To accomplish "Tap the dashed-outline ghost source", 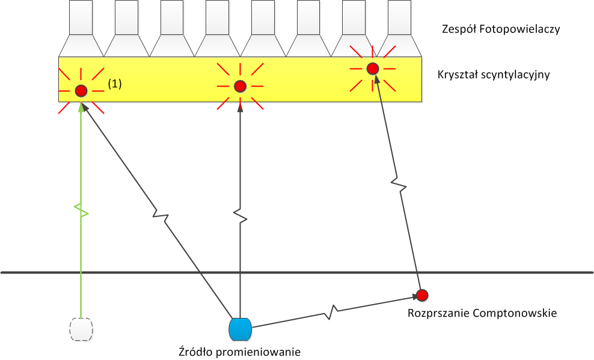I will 81,329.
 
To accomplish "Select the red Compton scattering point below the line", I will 422,294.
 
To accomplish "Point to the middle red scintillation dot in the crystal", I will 240,87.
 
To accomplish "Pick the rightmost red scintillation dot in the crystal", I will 373,69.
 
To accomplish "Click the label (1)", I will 114,84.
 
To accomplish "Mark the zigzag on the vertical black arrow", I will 240,214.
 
